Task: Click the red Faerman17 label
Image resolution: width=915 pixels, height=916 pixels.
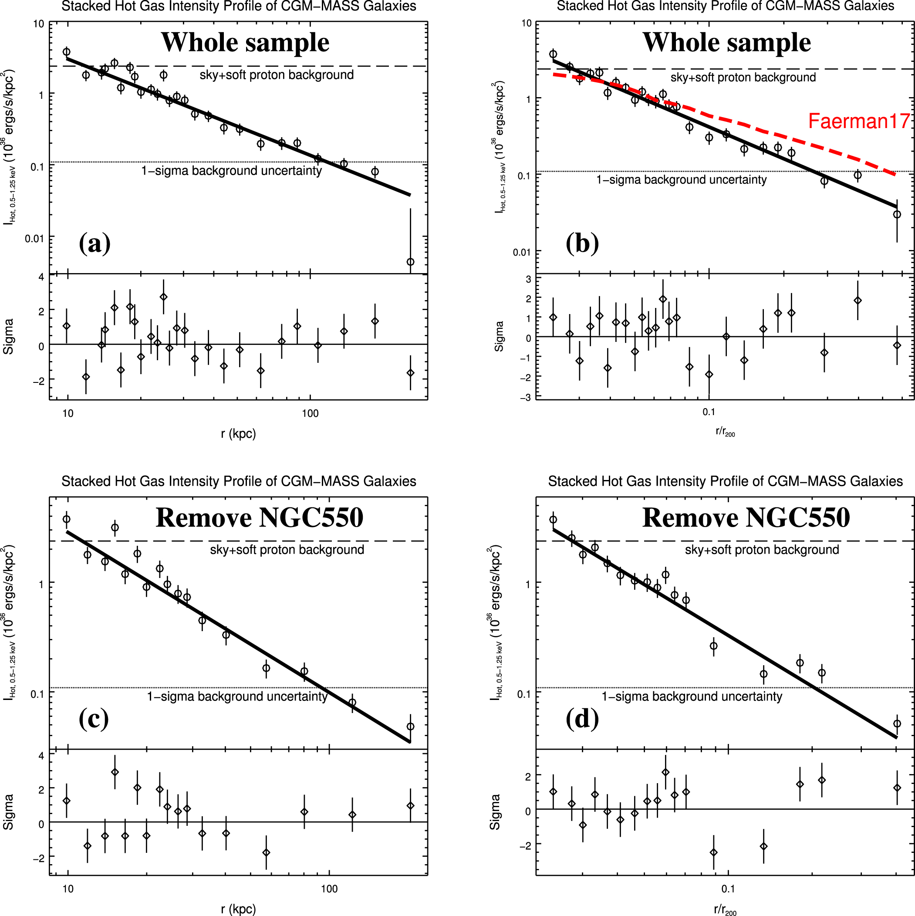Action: coord(858,122)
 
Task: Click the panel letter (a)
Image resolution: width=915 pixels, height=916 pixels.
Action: coord(95,243)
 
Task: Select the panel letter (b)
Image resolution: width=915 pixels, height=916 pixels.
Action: coord(582,243)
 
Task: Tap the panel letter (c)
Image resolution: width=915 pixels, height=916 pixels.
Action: coord(94,719)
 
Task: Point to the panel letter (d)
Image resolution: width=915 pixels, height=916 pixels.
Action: coord(582,719)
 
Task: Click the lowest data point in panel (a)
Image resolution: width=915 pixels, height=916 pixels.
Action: coord(411,262)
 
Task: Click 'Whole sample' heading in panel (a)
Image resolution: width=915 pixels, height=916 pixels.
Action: coord(245,42)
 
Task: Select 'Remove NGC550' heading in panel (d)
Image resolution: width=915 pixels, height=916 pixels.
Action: coord(746,517)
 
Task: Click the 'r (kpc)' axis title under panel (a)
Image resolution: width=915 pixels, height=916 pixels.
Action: coord(238,433)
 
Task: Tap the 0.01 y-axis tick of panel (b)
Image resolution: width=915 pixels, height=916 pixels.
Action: coord(521,252)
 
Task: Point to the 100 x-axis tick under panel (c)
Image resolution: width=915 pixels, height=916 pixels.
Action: coord(329,888)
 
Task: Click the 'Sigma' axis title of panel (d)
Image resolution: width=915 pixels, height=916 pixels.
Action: coord(494,812)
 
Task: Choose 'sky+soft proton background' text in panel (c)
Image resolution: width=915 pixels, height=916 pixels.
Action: coord(287,550)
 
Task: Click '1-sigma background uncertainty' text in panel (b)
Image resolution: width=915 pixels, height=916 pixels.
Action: coord(681,180)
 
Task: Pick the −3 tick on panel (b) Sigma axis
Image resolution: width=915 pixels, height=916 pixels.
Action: coord(525,397)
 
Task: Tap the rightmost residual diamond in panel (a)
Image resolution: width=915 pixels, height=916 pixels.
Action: coord(411,373)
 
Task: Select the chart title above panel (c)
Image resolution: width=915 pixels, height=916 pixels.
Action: coord(239,481)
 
